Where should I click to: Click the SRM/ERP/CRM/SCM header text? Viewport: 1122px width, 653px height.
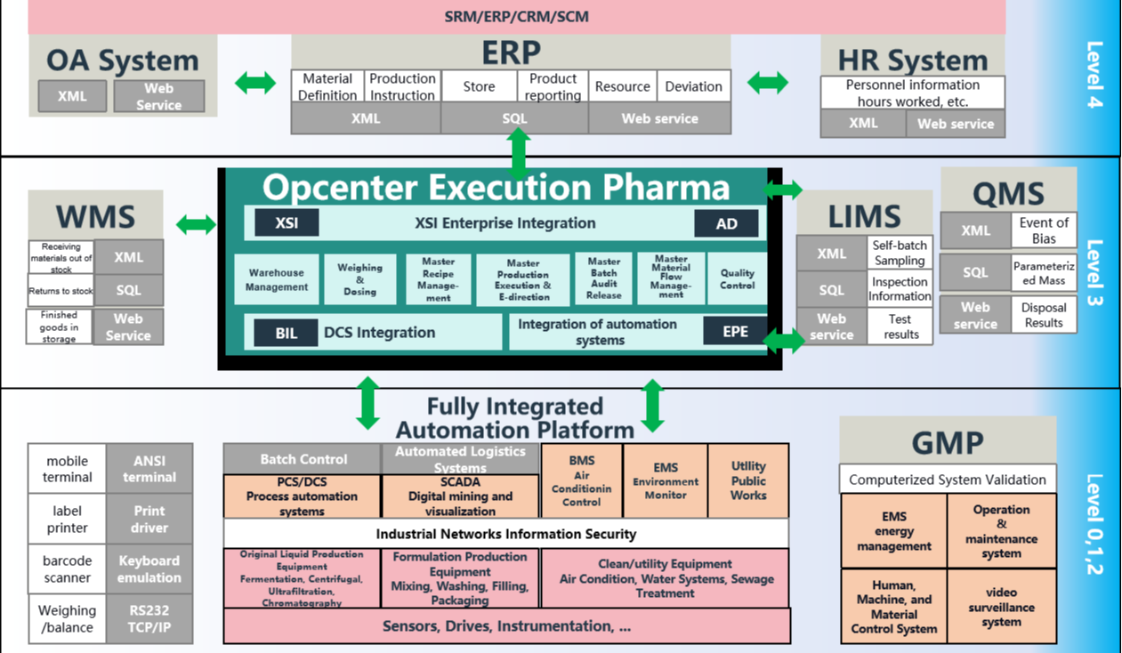[x=516, y=16]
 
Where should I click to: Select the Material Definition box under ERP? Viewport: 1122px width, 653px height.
[x=327, y=86]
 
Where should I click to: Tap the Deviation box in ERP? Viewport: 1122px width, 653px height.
[x=693, y=86]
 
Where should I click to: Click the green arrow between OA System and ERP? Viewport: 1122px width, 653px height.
[x=255, y=83]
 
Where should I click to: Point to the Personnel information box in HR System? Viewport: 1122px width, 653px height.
[x=912, y=93]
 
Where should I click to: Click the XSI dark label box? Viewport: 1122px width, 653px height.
[x=287, y=223]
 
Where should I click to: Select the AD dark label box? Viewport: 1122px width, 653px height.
[x=726, y=223]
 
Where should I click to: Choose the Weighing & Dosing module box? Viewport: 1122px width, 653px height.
[x=359, y=279]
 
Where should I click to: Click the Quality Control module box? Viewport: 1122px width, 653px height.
[x=737, y=279]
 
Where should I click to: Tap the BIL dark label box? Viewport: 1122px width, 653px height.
[x=286, y=333]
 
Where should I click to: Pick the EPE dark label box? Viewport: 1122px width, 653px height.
[x=735, y=332]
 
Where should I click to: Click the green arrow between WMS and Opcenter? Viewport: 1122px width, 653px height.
[x=196, y=224]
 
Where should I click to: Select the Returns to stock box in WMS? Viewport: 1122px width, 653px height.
[x=61, y=290]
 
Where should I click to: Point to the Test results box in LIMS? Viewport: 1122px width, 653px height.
[x=900, y=326]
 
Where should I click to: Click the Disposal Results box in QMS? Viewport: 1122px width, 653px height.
[x=1043, y=315]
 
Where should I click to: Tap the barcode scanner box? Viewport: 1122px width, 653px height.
[x=68, y=569]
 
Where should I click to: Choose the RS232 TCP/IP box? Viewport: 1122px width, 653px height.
[x=149, y=619]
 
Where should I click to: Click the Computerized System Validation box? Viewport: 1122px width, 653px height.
[x=947, y=480]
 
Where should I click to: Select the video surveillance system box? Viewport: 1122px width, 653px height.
[x=1001, y=607]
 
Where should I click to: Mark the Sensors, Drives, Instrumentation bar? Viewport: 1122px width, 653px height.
[x=506, y=626]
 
